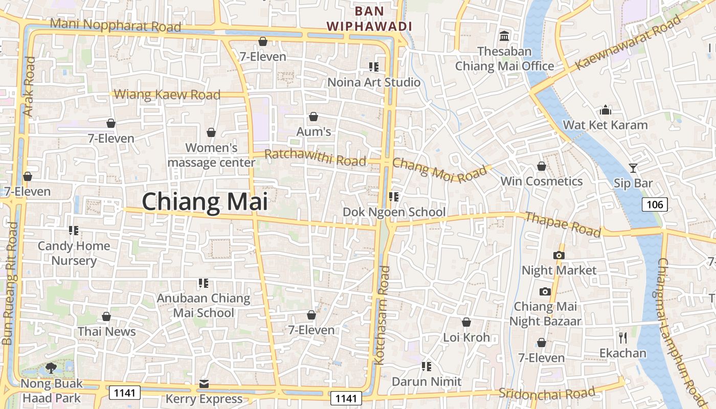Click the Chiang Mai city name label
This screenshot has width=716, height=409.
point(205,201)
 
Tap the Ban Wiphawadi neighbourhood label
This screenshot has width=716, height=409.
point(369,18)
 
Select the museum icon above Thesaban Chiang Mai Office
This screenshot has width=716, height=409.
point(504,36)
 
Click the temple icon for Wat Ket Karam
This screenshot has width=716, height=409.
point(605,110)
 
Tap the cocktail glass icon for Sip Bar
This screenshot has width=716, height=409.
point(633,168)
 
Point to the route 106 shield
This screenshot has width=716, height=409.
point(654,205)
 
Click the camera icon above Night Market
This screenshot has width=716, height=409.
point(558,255)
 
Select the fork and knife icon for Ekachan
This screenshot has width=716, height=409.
point(622,337)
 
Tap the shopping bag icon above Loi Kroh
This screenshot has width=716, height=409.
point(466,322)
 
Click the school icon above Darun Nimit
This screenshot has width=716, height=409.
point(426,366)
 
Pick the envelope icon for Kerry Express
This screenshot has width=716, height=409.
point(204,383)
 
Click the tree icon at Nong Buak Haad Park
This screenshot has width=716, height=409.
point(51,367)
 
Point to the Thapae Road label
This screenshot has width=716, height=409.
point(563,224)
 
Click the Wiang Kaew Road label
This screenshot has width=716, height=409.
point(167,95)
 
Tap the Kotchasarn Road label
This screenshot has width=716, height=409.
point(383,315)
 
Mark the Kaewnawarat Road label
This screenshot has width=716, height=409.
point(629,43)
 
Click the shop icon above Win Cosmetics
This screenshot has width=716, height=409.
point(541,167)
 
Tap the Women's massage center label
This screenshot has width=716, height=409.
point(211,155)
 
